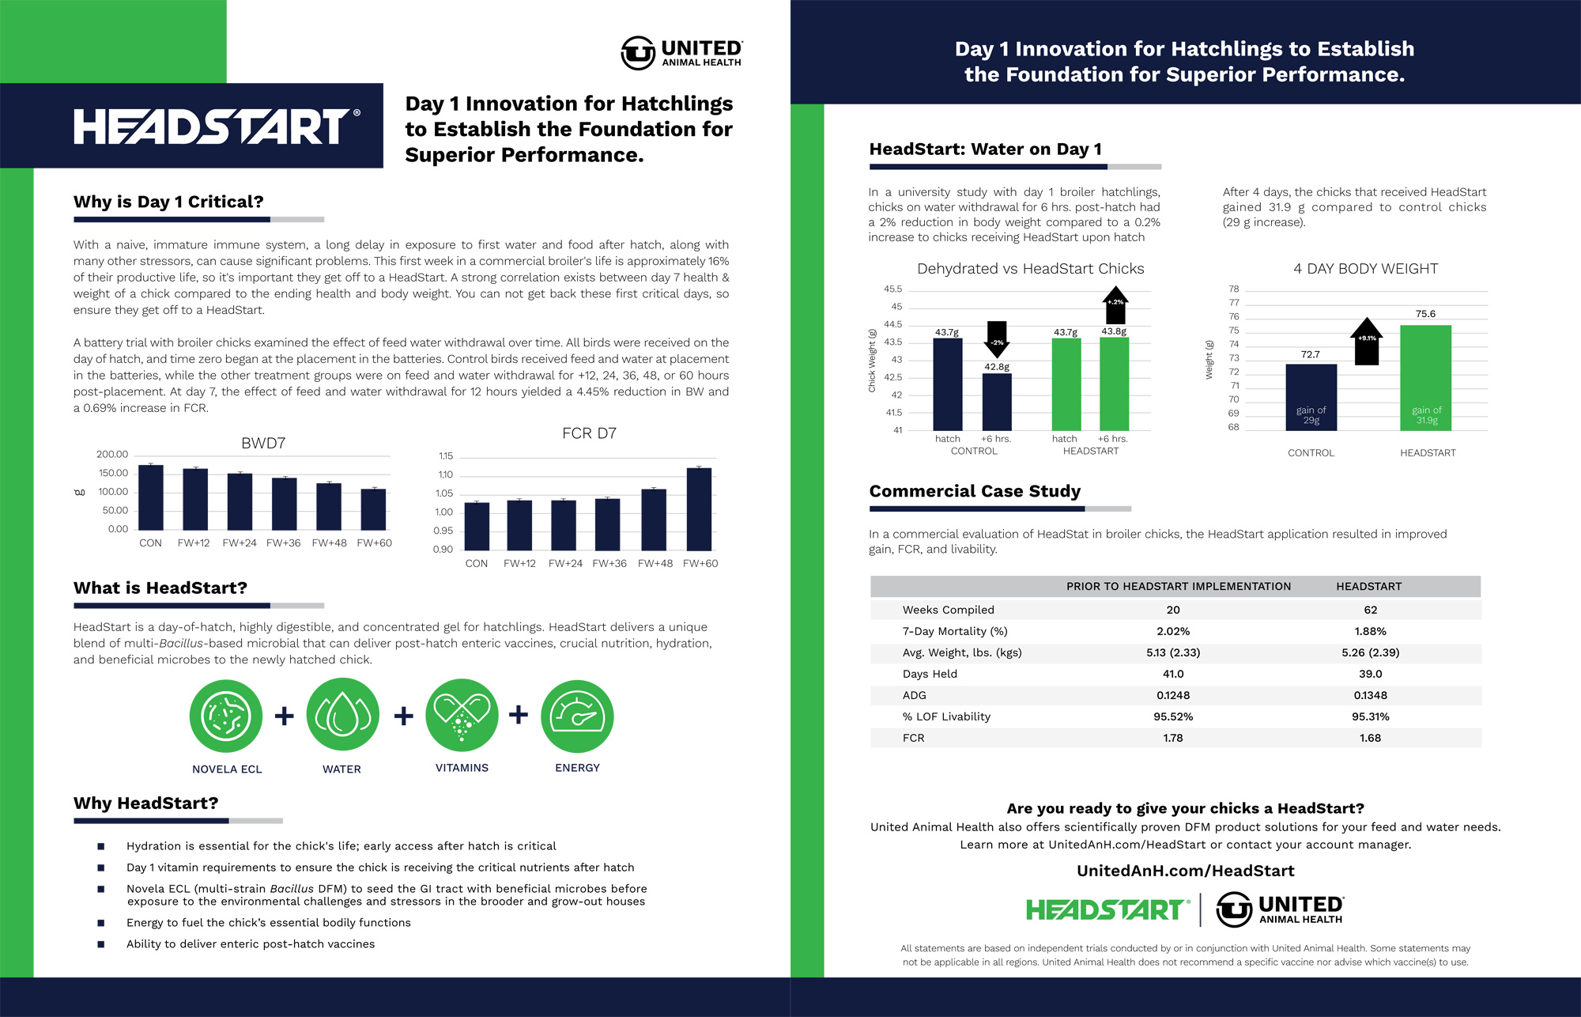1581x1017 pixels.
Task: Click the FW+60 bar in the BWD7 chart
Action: click(x=374, y=510)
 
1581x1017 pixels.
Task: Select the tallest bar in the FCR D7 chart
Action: click(x=699, y=509)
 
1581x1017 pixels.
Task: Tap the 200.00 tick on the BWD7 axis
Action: click(x=112, y=455)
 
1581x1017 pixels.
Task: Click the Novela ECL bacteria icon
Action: click(x=226, y=716)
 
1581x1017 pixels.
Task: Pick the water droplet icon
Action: click(x=342, y=716)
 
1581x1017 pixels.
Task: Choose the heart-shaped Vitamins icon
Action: click(x=462, y=716)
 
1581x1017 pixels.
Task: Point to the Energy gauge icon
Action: click(x=577, y=716)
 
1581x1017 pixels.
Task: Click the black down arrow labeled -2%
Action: click(x=997, y=339)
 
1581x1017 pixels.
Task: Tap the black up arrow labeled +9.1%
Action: click(x=1366, y=342)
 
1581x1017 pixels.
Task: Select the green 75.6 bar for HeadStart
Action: click(x=1425, y=377)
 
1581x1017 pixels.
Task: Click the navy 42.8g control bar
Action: click(x=997, y=402)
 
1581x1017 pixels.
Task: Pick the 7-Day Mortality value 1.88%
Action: click(x=1370, y=631)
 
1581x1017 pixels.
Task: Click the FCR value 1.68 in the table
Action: click(x=1370, y=738)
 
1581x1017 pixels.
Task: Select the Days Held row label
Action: click(x=930, y=674)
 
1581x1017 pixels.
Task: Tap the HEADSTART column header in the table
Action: click(x=1368, y=586)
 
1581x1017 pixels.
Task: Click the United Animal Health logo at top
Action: click(x=681, y=53)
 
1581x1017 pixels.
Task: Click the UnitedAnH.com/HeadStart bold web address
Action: click(x=1185, y=871)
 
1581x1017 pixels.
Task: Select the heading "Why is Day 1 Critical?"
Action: click(x=168, y=202)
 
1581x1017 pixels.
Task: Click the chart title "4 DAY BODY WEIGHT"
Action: click(x=1365, y=269)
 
